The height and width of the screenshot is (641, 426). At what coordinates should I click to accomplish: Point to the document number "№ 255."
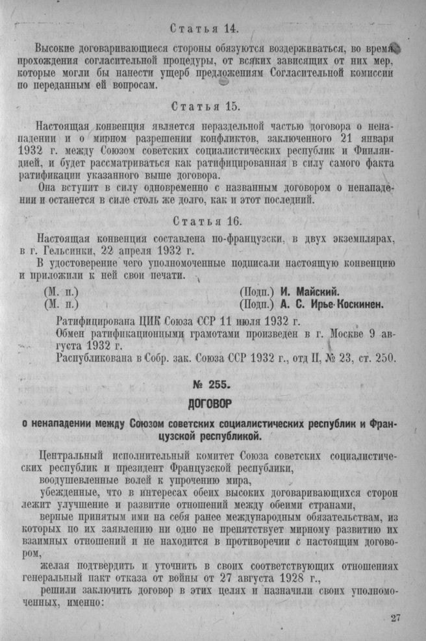click(x=213, y=383)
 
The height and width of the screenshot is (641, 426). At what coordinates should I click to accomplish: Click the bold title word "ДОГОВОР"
click(x=213, y=403)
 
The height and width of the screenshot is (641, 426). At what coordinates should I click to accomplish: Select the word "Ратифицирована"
click(x=96, y=321)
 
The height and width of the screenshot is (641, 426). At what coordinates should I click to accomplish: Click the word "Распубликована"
click(x=97, y=358)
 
